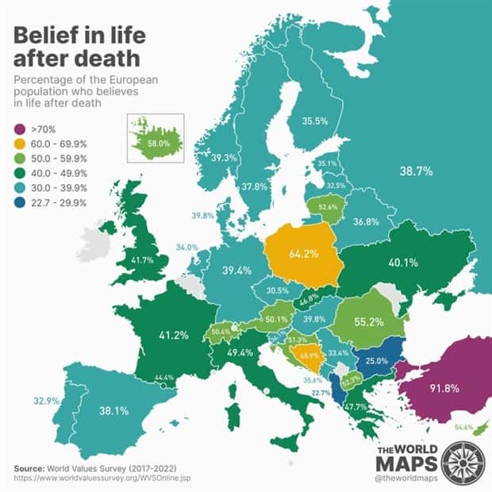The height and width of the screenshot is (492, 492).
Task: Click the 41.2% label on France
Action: click(174, 335)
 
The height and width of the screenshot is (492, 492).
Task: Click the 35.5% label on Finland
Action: click(316, 121)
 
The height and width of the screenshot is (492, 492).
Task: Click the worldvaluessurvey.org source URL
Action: click(102, 479)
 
